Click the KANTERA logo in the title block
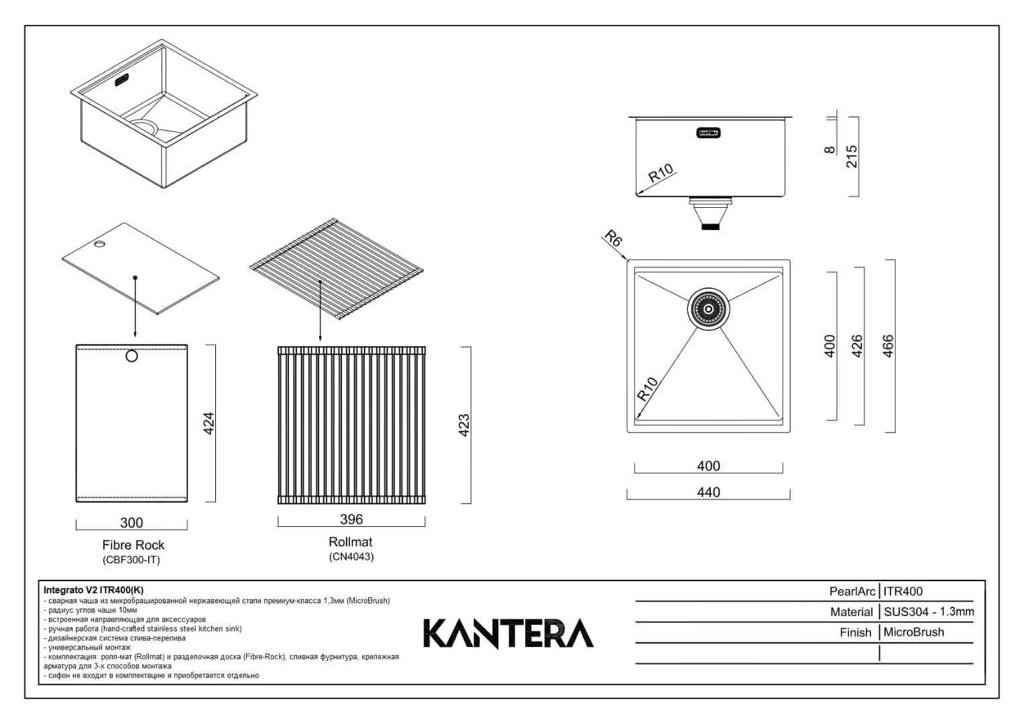point(508,633)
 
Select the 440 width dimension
point(708,492)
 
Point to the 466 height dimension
point(888,346)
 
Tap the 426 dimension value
point(856,346)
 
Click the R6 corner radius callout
point(613,239)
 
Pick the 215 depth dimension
point(852,157)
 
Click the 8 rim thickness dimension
point(830,149)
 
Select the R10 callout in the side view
point(661,174)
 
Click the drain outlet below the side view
point(710,214)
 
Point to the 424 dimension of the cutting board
point(209,423)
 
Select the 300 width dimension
point(131,523)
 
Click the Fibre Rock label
point(133,545)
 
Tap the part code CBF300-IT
point(131,560)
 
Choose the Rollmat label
point(350,542)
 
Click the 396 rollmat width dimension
point(351,520)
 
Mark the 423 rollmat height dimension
point(463,425)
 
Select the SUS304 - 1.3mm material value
point(928,611)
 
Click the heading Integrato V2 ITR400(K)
point(93,590)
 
